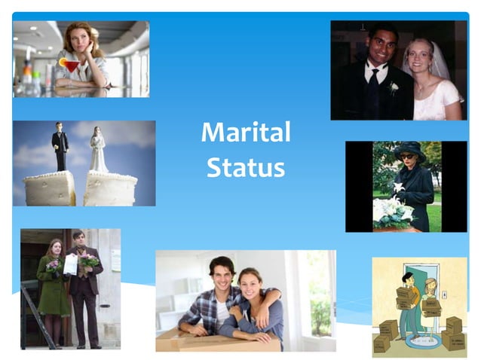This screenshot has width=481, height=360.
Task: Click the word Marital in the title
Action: coord(246,133)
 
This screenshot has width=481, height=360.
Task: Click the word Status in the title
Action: coord(246,167)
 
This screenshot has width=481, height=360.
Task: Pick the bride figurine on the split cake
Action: coord(99,151)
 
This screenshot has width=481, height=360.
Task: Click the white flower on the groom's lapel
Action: coord(393,88)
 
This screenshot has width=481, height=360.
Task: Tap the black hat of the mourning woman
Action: coord(410,148)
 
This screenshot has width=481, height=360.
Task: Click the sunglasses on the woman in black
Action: coord(408,156)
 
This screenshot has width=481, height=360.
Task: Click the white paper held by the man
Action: coord(70,264)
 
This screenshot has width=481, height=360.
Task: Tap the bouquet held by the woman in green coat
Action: coord(54,265)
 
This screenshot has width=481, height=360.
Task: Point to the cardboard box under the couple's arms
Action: coord(219,340)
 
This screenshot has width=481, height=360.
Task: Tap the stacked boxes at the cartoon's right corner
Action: coord(454,334)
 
